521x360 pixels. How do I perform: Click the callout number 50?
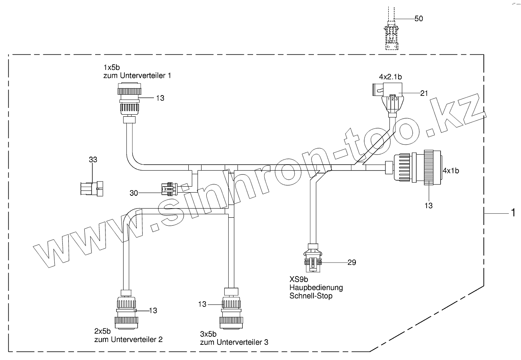coord(419,18)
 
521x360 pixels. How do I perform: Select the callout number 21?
coord(424,93)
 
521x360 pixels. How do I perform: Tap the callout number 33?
coord(93,159)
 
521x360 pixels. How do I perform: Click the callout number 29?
coord(352,262)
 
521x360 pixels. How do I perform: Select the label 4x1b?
coord(451,171)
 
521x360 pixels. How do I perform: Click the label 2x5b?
coord(102,331)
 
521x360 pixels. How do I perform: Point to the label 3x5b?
coord(208,334)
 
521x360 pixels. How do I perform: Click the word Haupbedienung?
coord(315,288)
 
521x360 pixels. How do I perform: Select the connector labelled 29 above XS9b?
coord(313,259)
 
